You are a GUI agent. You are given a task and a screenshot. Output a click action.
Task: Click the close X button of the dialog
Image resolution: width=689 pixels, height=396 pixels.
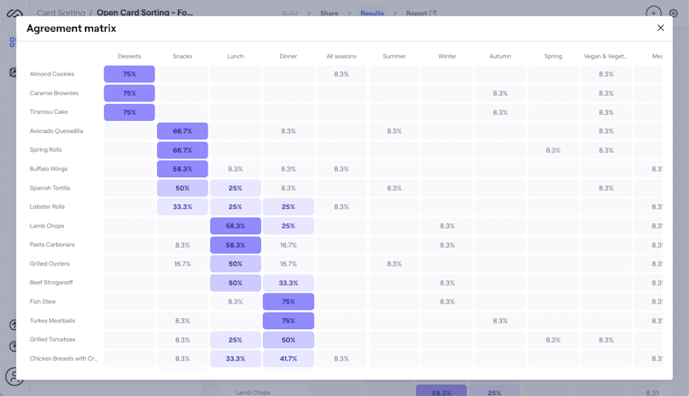pos(660,28)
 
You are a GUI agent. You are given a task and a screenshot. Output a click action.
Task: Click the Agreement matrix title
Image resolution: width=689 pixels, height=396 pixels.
pos(71,29)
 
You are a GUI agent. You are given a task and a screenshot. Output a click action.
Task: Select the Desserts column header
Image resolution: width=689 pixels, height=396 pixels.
pos(129,56)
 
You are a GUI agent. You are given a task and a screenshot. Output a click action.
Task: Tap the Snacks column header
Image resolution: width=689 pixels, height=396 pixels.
pos(182,56)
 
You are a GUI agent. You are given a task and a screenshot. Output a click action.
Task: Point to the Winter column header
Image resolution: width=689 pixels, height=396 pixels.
pos(447,56)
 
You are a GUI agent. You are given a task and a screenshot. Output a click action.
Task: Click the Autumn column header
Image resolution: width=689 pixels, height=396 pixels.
pos(500,56)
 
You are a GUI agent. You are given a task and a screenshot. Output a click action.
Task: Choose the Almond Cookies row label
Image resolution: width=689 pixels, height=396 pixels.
pos(52,74)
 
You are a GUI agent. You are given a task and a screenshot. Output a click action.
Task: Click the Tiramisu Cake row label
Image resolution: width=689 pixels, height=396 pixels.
pos(49,112)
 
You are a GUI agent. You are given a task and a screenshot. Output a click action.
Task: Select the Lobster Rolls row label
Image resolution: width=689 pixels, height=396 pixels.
pos(48,207)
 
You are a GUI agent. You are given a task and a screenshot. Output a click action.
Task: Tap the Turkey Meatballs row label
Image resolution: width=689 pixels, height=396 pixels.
pos(52,321)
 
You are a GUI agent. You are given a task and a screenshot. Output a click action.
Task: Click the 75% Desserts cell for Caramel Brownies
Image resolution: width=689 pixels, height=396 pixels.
pos(129,93)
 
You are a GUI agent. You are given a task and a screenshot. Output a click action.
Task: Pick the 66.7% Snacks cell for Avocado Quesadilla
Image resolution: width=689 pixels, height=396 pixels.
pos(182,131)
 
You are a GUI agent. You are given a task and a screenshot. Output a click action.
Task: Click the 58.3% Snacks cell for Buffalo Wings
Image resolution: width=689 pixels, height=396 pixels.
pos(182,169)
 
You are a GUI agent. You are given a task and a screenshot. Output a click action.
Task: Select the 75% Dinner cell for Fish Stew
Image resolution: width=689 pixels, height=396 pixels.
pos(288,302)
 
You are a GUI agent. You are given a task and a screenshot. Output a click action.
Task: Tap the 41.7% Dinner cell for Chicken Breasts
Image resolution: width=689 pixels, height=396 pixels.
pos(288,359)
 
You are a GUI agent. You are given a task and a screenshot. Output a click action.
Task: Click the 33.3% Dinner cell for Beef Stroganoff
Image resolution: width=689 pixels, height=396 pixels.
pos(288,283)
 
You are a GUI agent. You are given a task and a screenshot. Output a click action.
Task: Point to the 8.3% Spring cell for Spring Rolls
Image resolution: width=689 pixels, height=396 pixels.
pos(553,150)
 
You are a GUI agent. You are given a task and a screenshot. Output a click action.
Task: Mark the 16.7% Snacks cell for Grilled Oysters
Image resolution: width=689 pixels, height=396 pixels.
pos(182,264)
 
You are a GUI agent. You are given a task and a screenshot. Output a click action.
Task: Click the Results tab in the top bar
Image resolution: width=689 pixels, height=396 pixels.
pos(372,14)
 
